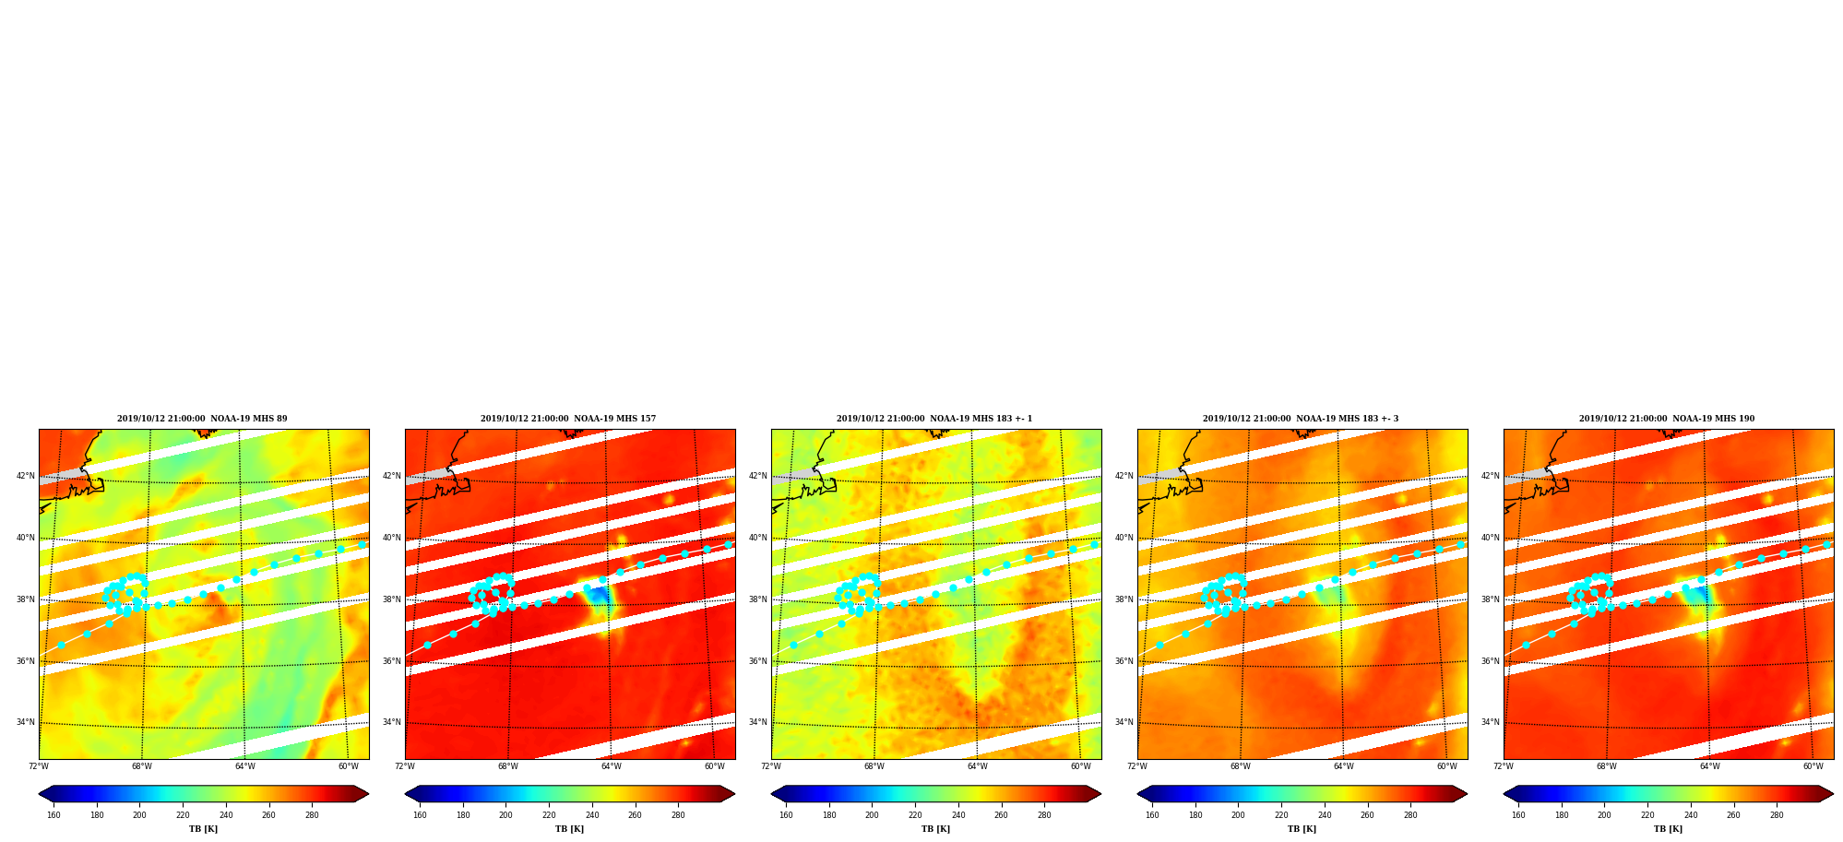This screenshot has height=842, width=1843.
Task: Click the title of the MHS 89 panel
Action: (x=202, y=419)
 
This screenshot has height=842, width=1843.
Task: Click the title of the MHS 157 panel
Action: (x=568, y=419)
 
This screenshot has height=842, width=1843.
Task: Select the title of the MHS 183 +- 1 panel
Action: (x=934, y=419)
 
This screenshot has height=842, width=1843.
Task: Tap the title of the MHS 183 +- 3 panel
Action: (x=1301, y=419)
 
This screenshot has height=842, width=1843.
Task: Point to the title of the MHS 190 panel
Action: (x=1667, y=419)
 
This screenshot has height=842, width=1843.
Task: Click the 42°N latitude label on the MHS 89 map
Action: (x=26, y=476)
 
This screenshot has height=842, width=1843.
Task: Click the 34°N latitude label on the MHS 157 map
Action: (x=392, y=722)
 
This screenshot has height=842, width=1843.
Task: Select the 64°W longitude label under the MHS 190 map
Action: (x=1709, y=766)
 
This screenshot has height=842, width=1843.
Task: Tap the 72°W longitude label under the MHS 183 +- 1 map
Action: (x=771, y=766)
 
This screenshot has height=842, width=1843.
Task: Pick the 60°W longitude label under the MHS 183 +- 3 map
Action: (x=1446, y=766)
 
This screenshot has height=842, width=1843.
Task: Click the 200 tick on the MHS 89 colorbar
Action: (x=139, y=814)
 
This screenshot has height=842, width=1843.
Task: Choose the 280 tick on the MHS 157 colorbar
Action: (x=678, y=814)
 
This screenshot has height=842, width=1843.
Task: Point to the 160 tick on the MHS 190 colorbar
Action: (x=1518, y=814)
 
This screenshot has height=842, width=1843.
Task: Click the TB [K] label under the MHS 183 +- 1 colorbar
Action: (x=935, y=829)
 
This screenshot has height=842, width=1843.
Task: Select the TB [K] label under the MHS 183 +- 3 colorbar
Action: (x=1302, y=829)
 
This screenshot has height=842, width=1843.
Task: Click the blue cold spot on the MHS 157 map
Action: (x=599, y=596)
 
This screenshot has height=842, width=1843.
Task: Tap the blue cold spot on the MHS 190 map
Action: (x=1699, y=596)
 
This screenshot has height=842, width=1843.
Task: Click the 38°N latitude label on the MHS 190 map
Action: (x=1491, y=599)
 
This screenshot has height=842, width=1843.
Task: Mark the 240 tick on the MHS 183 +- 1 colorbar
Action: (x=958, y=814)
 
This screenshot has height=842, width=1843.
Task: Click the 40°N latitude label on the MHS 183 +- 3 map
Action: (x=1124, y=538)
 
